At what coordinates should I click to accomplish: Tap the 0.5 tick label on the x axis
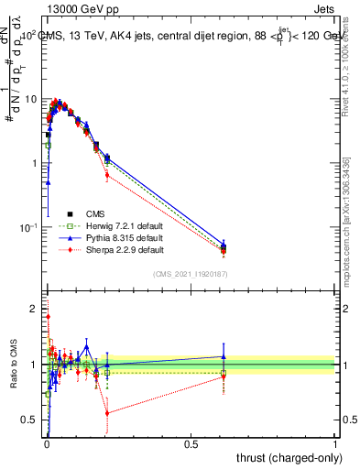[x=191, y=444]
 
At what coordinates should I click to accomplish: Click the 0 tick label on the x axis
[x=47, y=444]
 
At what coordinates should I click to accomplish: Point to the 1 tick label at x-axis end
[x=335, y=444]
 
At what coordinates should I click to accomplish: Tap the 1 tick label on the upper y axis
[x=35, y=163]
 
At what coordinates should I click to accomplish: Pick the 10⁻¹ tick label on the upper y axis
[x=28, y=226]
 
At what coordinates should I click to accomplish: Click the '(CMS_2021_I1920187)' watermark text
[x=190, y=275]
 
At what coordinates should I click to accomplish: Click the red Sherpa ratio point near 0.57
[x=107, y=413]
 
